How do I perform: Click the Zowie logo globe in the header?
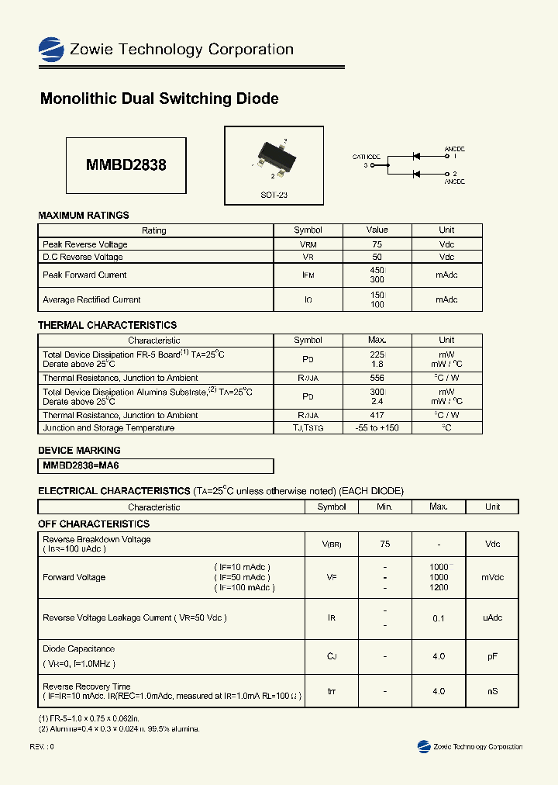pyautogui.click(x=51, y=50)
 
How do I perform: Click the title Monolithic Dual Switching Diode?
pyautogui.click(x=159, y=99)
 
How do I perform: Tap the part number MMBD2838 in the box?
pyautogui.click(x=126, y=165)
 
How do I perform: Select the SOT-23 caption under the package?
pyautogui.click(x=274, y=195)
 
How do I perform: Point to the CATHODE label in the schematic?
pyautogui.click(x=366, y=157)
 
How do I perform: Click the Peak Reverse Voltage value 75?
pyautogui.click(x=377, y=244)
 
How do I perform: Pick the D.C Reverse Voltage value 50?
pyautogui.click(x=377, y=257)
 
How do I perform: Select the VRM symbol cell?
pyautogui.click(x=308, y=244)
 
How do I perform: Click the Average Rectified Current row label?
pyautogui.click(x=91, y=300)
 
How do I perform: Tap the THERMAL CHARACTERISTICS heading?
pyautogui.click(x=107, y=325)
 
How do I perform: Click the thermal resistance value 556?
pyautogui.click(x=377, y=378)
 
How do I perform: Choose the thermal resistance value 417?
pyautogui.click(x=377, y=415)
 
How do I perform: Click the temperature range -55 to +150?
pyautogui.click(x=377, y=428)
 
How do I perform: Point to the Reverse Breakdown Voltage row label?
pyautogui.click(x=97, y=540)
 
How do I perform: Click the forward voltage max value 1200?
pyautogui.click(x=439, y=588)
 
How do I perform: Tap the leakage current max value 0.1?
pyautogui.click(x=439, y=618)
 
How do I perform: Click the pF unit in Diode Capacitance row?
pyautogui.click(x=492, y=656)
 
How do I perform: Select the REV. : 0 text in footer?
pyautogui.click(x=42, y=746)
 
